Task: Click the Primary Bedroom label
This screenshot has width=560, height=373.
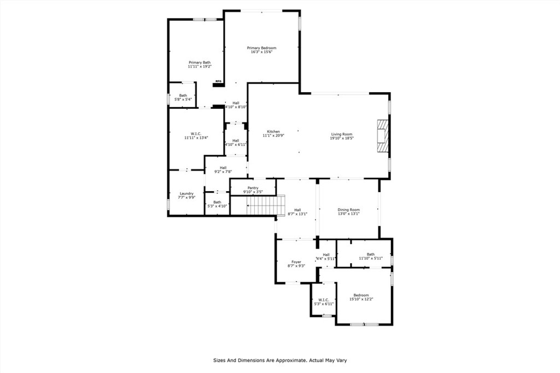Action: point(261,48)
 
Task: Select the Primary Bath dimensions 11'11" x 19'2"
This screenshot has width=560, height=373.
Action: point(200,67)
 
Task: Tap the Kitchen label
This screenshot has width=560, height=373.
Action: point(273,132)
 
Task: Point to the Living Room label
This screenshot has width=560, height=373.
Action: point(342,134)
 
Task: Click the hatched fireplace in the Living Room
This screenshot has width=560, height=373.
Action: point(381,135)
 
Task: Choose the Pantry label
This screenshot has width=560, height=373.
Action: point(253,188)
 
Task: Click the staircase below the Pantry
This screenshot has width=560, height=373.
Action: point(264,206)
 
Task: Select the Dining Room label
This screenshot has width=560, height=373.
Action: point(348,210)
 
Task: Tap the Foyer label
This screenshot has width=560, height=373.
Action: point(296,262)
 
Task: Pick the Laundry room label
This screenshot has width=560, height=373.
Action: point(186,193)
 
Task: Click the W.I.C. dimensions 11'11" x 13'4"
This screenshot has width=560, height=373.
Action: point(196,138)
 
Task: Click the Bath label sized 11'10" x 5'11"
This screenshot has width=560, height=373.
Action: point(371,254)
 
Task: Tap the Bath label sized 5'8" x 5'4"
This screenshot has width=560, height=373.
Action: point(183,96)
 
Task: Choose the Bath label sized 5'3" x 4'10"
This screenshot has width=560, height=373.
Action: point(217,202)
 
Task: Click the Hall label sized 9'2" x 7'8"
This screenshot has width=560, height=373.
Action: point(223,168)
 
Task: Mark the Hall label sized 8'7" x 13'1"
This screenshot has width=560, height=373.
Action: point(297,210)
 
